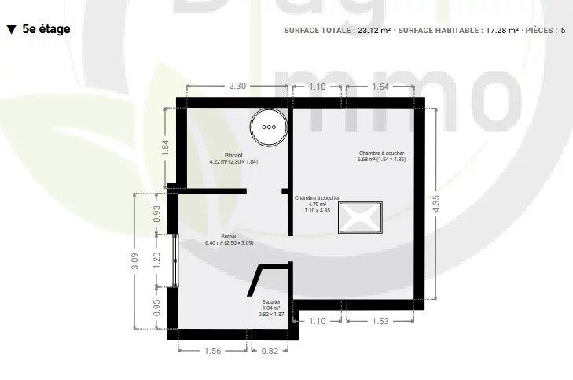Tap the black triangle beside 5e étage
pos(11,30)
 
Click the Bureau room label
pos(229,239)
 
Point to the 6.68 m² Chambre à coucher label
pos(381,157)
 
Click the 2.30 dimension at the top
pos(237,87)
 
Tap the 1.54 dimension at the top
pos(380,87)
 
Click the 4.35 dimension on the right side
pos(448,204)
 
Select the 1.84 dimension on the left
pos(165,147)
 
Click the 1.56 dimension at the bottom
pos(213,351)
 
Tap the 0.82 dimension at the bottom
pos(269,351)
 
